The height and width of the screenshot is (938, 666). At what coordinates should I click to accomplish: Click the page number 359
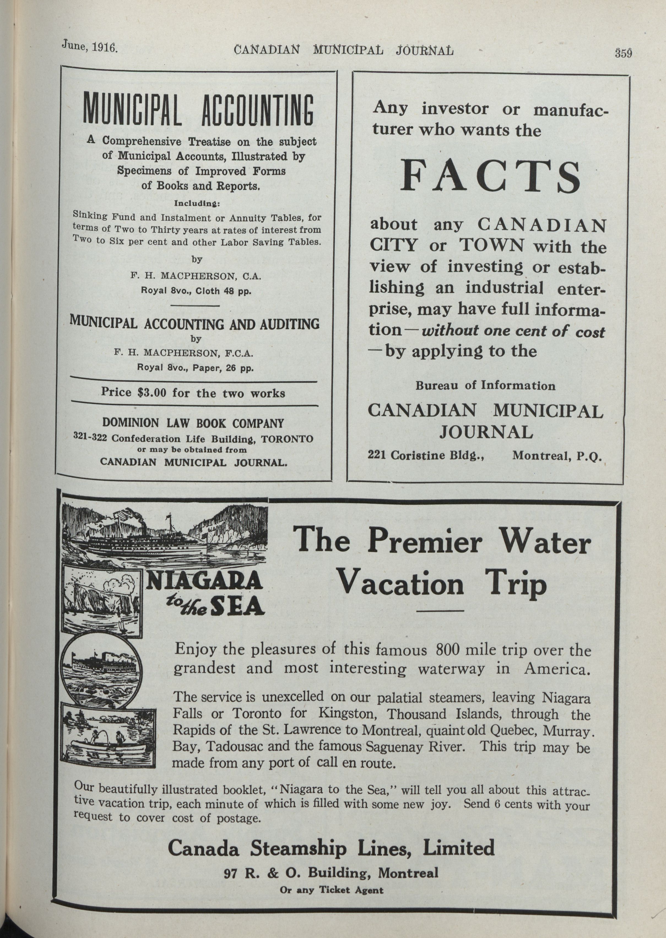pos(623,53)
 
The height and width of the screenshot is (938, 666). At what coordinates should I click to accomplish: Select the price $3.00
pos(152,393)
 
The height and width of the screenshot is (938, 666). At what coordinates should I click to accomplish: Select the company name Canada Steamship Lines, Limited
pos(331,847)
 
